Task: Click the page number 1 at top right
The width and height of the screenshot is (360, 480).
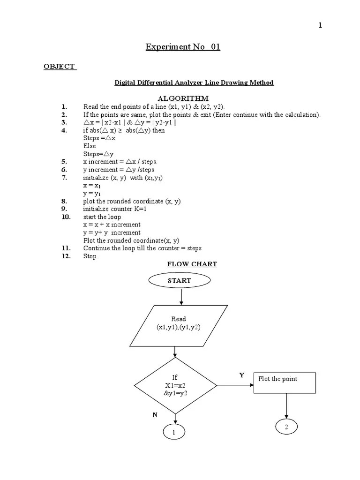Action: click(320, 26)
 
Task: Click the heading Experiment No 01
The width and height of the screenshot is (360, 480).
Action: click(182, 47)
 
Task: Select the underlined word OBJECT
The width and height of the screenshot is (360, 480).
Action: click(60, 67)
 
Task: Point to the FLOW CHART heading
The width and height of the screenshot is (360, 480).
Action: click(192, 264)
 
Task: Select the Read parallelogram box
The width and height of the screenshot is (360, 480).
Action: click(179, 324)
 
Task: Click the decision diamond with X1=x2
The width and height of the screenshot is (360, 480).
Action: click(175, 385)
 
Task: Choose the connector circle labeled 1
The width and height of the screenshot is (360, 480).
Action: click(174, 433)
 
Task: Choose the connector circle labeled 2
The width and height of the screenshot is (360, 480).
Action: click(286, 426)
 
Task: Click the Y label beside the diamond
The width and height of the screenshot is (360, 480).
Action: click(242, 375)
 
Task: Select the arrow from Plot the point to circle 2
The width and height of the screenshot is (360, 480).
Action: click(286, 405)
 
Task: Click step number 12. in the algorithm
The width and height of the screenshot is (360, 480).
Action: click(66, 256)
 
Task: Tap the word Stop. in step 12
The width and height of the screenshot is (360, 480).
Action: click(90, 256)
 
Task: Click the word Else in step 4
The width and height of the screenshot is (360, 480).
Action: click(90, 146)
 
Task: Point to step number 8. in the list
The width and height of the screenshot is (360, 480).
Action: click(64, 201)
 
